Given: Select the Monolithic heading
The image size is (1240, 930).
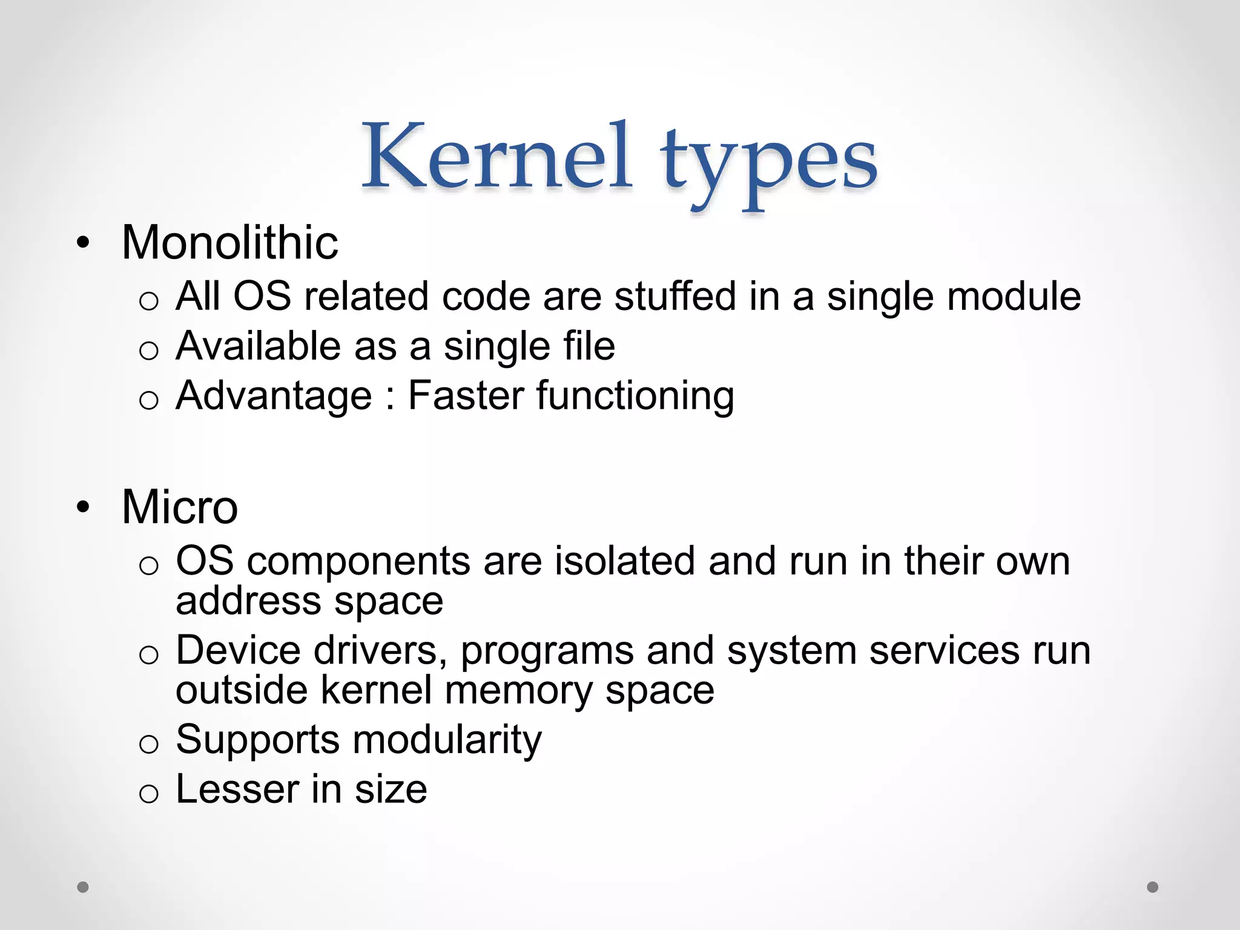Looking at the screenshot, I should pyautogui.click(x=229, y=243).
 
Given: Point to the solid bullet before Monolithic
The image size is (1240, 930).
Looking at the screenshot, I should pyautogui.click(x=83, y=244).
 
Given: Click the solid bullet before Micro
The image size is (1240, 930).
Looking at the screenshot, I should pyautogui.click(x=83, y=507).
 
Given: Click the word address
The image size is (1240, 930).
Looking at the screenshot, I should pyautogui.click(x=248, y=601).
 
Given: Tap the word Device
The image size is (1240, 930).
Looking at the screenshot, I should pyautogui.click(x=238, y=650).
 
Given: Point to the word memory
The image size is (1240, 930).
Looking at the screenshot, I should pyautogui.click(x=518, y=691).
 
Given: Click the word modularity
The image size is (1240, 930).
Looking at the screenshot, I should pyautogui.click(x=447, y=740).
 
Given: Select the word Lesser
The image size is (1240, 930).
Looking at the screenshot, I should pyautogui.click(x=237, y=790).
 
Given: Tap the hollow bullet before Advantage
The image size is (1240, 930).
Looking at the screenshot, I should pyautogui.click(x=148, y=400).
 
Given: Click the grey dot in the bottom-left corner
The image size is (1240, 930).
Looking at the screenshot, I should pyautogui.click(x=83, y=887).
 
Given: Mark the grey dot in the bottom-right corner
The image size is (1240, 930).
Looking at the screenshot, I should pyautogui.click(x=1153, y=887).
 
